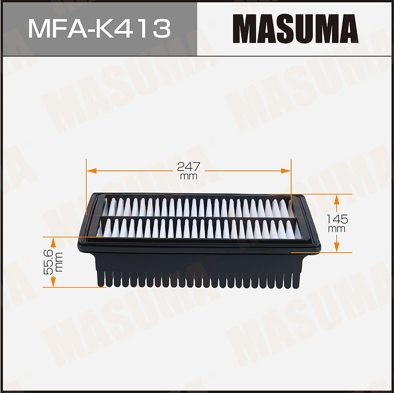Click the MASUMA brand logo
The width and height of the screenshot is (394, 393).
tap(295, 29)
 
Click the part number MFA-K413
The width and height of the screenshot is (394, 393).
tap(100, 29)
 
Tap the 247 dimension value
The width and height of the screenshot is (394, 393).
tap(189, 166)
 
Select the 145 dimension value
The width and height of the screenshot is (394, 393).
tap(337, 219)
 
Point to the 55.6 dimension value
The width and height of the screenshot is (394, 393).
tap(48, 262)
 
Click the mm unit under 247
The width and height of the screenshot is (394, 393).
tap(189, 176)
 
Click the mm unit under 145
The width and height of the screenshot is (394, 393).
tap(337, 229)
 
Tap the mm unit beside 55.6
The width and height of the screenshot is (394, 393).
tap(59, 262)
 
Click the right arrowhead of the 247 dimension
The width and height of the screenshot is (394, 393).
tap(286, 171)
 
